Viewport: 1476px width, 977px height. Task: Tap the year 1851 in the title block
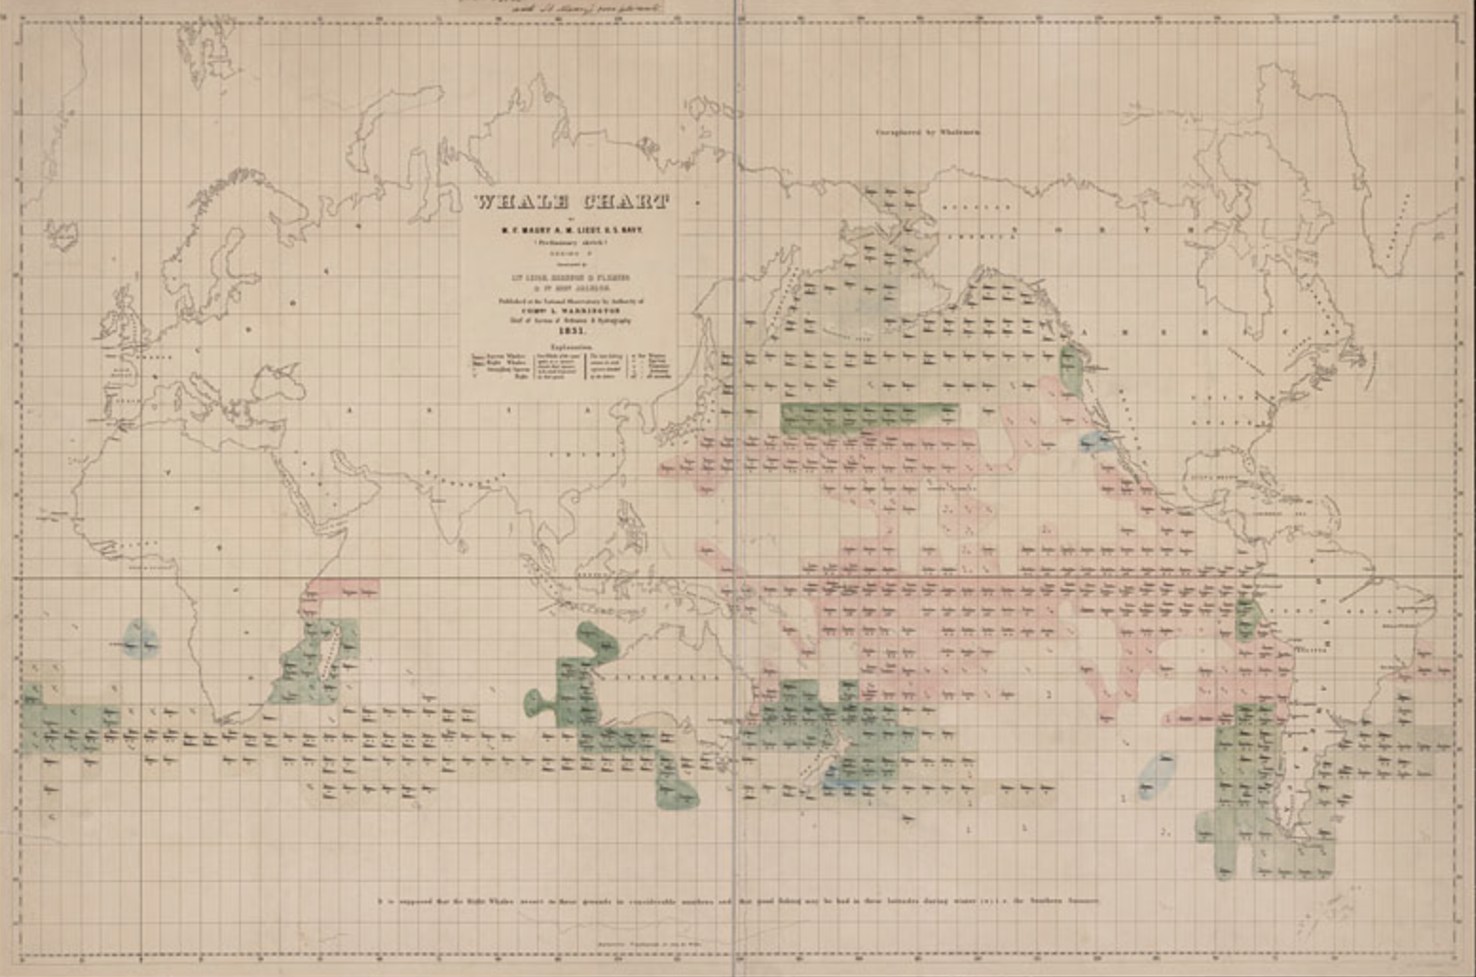tap(571, 331)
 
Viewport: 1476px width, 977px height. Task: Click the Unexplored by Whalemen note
tap(927, 132)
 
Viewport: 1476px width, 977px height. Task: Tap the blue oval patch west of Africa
tap(140, 639)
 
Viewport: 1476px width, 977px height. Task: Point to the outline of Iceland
tap(62, 233)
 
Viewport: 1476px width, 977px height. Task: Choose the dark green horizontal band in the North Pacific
tap(868, 415)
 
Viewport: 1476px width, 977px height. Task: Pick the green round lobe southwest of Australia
tap(538, 703)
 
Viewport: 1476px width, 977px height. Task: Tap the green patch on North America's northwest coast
tap(1073, 366)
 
